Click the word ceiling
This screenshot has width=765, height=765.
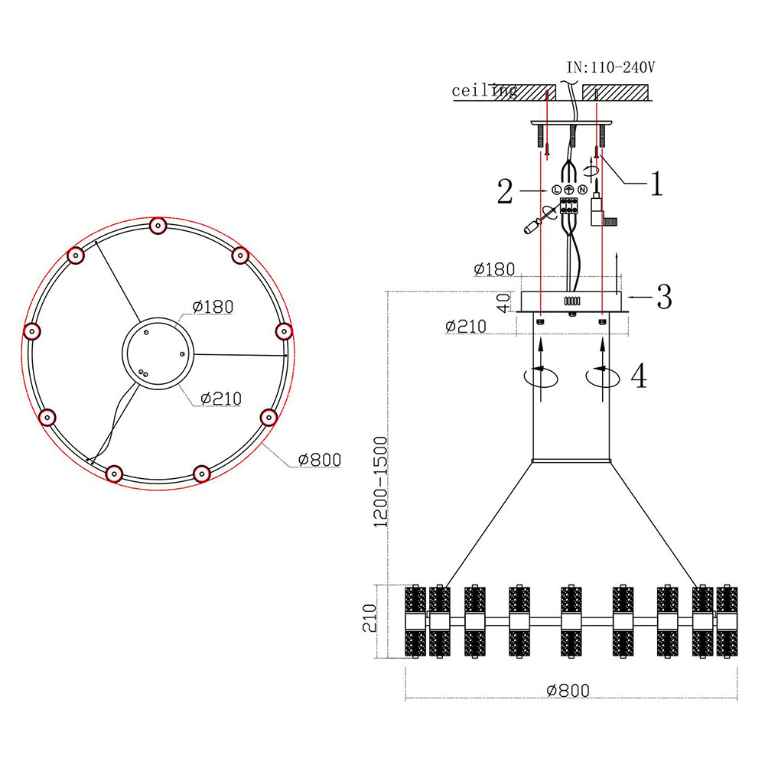pyautogui.click(x=483, y=91)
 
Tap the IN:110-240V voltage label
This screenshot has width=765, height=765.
pyautogui.click(x=610, y=67)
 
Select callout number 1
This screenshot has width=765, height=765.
pyautogui.click(x=656, y=184)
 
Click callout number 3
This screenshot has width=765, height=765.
pyautogui.click(x=663, y=297)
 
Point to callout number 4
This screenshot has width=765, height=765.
pyautogui.click(x=639, y=376)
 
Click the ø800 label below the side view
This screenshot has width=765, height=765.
pyautogui.click(x=568, y=690)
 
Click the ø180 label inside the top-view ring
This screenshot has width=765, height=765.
pyautogui.click(x=213, y=307)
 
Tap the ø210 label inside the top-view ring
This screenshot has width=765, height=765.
pyautogui.click(x=220, y=398)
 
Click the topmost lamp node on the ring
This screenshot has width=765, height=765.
pyautogui.click(x=158, y=226)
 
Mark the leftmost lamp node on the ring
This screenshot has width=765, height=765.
pyautogui.click(x=31, y=331)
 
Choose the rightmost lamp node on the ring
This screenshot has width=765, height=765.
pyautogui.click(x=284, y=330)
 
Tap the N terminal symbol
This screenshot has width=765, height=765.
pyautogui.click(x=582, y=189)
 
